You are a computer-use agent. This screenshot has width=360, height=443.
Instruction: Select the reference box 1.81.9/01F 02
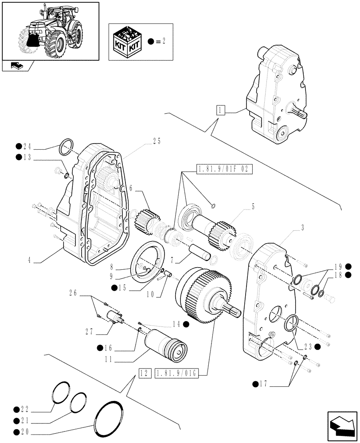point(223,169)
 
